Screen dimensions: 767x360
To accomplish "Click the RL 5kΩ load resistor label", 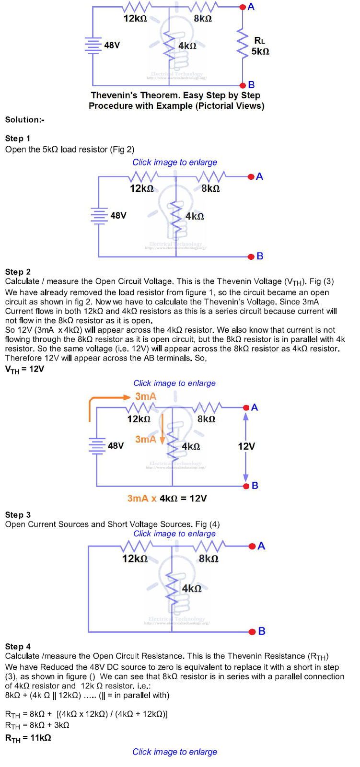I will pos(260,46).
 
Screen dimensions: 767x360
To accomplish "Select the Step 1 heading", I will pos(18,139).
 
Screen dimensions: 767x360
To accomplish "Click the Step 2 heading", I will pos(18,272).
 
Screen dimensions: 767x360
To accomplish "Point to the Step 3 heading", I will pos(18,515).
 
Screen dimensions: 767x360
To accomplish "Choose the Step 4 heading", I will pos(18,647).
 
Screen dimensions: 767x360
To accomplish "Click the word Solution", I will pos(24,120).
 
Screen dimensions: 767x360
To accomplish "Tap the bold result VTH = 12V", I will pos(24,369).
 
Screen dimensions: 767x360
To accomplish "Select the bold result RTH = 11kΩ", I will pos(28,738).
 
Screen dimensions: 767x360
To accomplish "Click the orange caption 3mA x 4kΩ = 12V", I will pos(167,499).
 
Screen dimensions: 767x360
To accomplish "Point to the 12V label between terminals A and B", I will pos(246,446).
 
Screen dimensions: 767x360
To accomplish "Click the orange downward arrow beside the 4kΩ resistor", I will pos(163,429).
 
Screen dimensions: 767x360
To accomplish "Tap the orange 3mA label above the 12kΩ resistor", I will pos(146,396).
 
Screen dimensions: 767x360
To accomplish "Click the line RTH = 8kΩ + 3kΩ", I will pos(37,725).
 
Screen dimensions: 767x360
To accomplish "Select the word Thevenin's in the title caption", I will pos(114,95).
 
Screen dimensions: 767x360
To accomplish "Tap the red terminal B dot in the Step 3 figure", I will pos(252,631).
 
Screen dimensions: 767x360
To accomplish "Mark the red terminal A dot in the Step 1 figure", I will pos(251,177).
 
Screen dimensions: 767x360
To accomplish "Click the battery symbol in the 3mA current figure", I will pos(97,446).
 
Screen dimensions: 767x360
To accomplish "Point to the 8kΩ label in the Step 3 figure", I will pos(209,559).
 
